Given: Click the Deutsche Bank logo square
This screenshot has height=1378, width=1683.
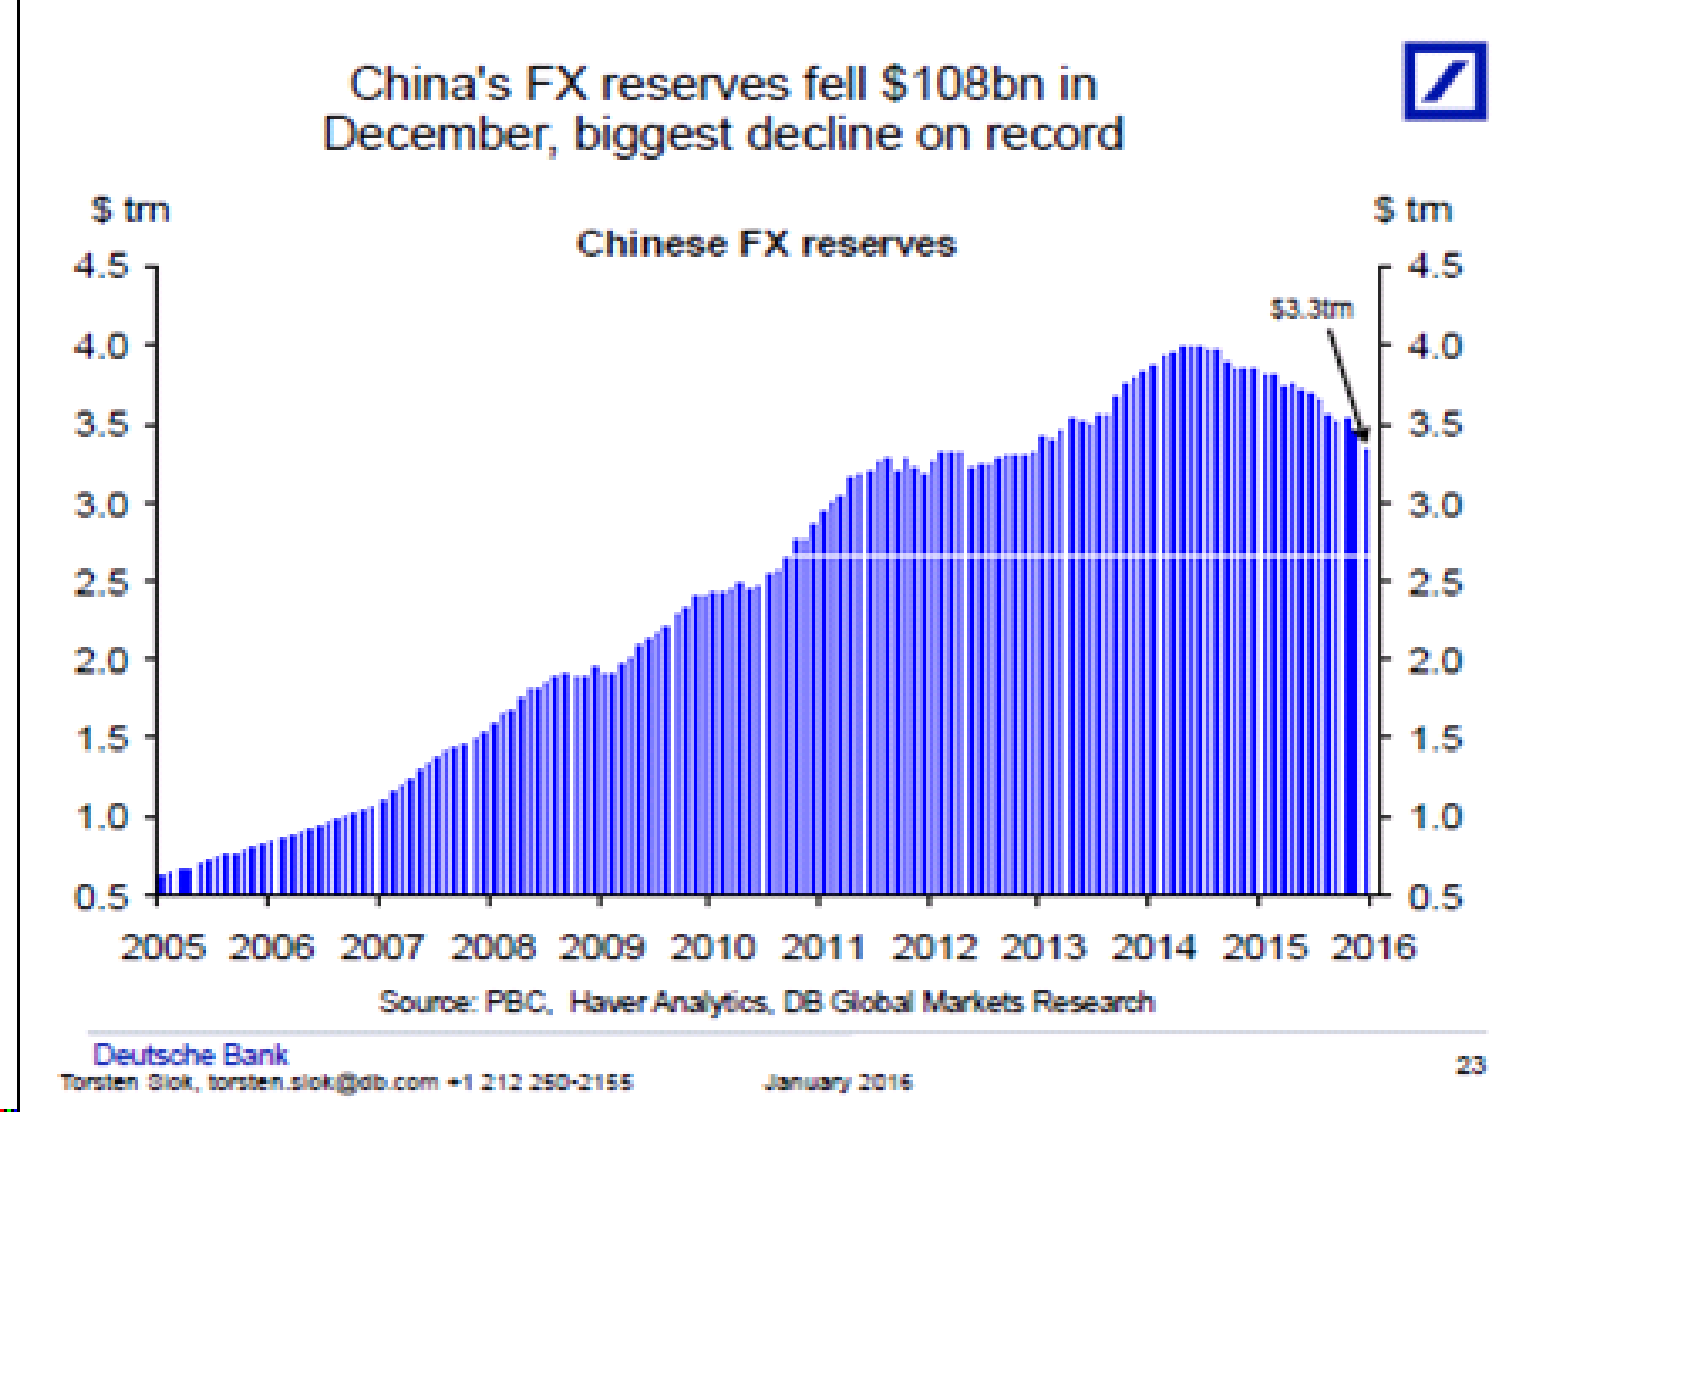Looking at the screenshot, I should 1444,81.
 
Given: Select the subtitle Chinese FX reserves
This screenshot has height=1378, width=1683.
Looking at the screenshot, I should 766,244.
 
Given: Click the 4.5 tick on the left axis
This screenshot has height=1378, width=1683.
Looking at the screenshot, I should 102,266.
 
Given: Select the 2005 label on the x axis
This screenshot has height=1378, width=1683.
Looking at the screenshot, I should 163,947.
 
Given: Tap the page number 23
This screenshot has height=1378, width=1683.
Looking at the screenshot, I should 1470,1065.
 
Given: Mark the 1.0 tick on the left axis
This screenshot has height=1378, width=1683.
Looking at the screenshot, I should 102,817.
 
